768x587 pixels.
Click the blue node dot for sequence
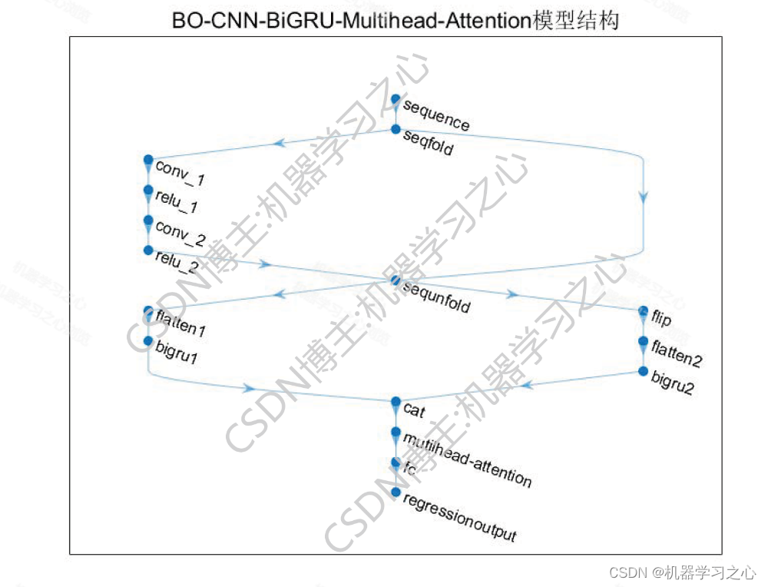pos(396,99)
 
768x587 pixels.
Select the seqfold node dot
pos(396,129)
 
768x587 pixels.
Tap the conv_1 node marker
pos(148,160)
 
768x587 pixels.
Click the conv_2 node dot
pos(148,220)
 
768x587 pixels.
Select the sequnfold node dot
pos(396,280)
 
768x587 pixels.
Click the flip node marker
pos(644,311)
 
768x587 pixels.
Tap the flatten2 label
pos(677,353)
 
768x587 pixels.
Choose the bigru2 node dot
pos(644,371)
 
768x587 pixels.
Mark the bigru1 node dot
pos(148,341)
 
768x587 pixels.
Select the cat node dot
pos(396,402)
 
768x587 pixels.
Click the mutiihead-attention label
pos(467,459)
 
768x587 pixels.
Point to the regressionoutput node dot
pos(396,492)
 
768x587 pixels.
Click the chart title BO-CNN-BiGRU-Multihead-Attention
pos(396,22)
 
